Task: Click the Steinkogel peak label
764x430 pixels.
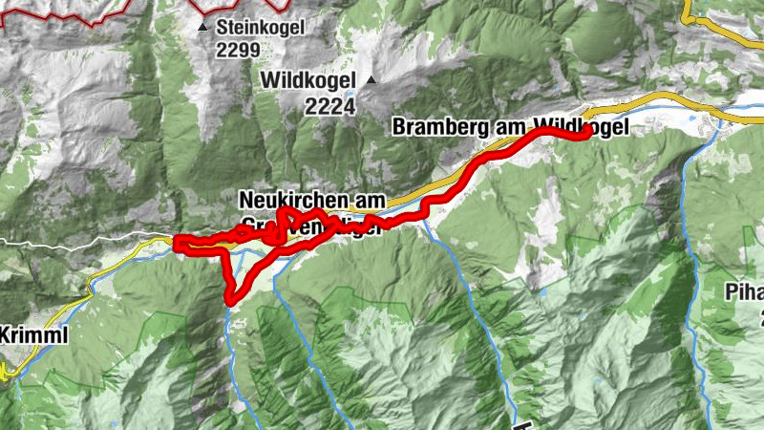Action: pyautogui.click(x=260, y=28)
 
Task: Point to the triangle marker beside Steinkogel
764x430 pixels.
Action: pyautogui.click(x=202, y=29)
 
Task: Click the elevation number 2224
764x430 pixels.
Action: pyautogui.click(x=330, y=107)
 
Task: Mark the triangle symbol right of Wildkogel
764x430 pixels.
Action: pyautogui.click(x=371, y=79)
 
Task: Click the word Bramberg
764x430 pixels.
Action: pyautogui.click(x=435, y=127)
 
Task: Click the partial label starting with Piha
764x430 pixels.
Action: pyautogui.click(x=743, y=290)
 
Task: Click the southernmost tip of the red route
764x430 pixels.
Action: pyautogui.click(x=231, y=302)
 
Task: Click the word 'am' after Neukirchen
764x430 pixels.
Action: pyautogui.click(x=370, y=201)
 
